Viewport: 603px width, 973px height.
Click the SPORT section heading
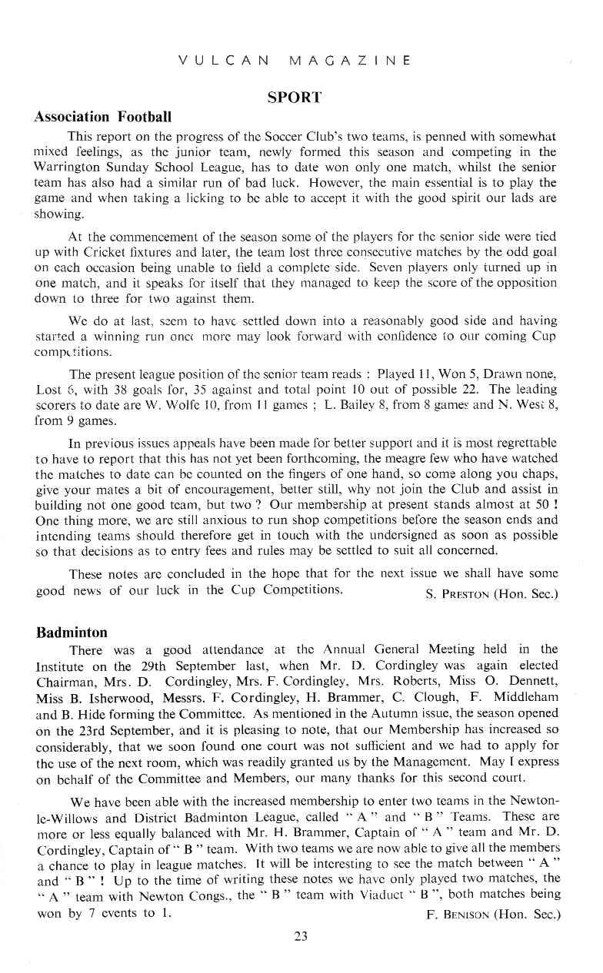point(294,98)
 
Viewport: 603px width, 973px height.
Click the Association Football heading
point(102,118)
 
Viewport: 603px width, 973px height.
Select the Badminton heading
point(72,633)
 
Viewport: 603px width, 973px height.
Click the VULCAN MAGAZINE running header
point(294,60)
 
